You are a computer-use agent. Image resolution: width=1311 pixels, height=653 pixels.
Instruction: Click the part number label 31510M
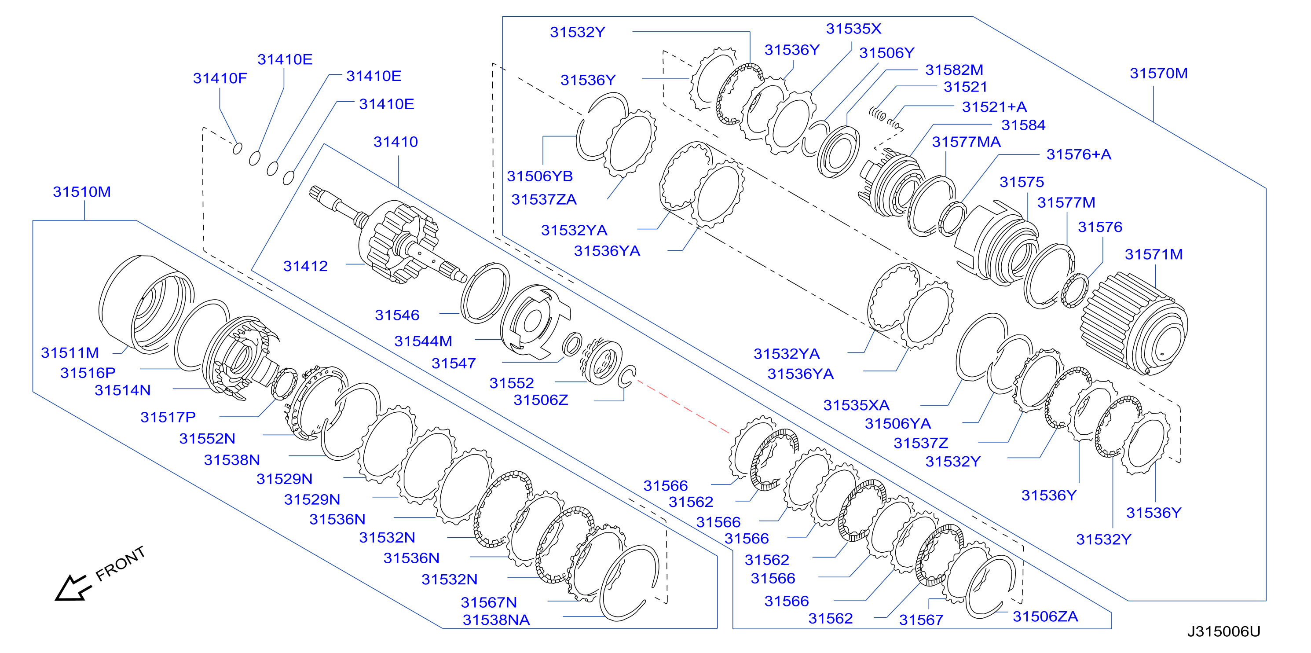tap(82, 192)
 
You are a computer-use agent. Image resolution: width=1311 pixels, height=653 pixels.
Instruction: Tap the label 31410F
tap(220, 78)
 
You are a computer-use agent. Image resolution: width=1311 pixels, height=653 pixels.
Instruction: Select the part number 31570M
tap(1159, 73)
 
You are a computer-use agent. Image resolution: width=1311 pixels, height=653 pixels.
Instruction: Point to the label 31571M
tap(1154, 254)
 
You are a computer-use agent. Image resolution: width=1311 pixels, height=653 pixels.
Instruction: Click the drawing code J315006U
tap(1224, 631)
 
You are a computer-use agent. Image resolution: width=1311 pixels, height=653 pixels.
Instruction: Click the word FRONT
tap(121, 564)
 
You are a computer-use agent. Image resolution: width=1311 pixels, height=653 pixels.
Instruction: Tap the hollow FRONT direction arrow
tap(73, 588)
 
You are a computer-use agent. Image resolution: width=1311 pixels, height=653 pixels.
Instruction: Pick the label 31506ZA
tap(1045, 617)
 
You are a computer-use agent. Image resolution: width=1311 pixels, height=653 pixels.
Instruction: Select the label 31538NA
tap(496, 620)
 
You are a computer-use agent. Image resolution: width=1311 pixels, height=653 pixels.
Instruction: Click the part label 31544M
tap(423, 341)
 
